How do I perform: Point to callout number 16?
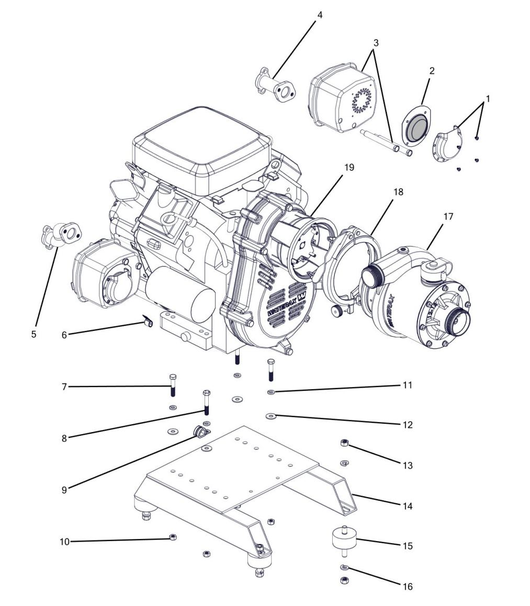click(408, 587)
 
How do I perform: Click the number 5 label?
click(33, 334)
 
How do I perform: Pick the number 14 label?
click(408, 506)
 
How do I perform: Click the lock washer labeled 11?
click(271, 392)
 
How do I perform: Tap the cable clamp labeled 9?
click(200, 432)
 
